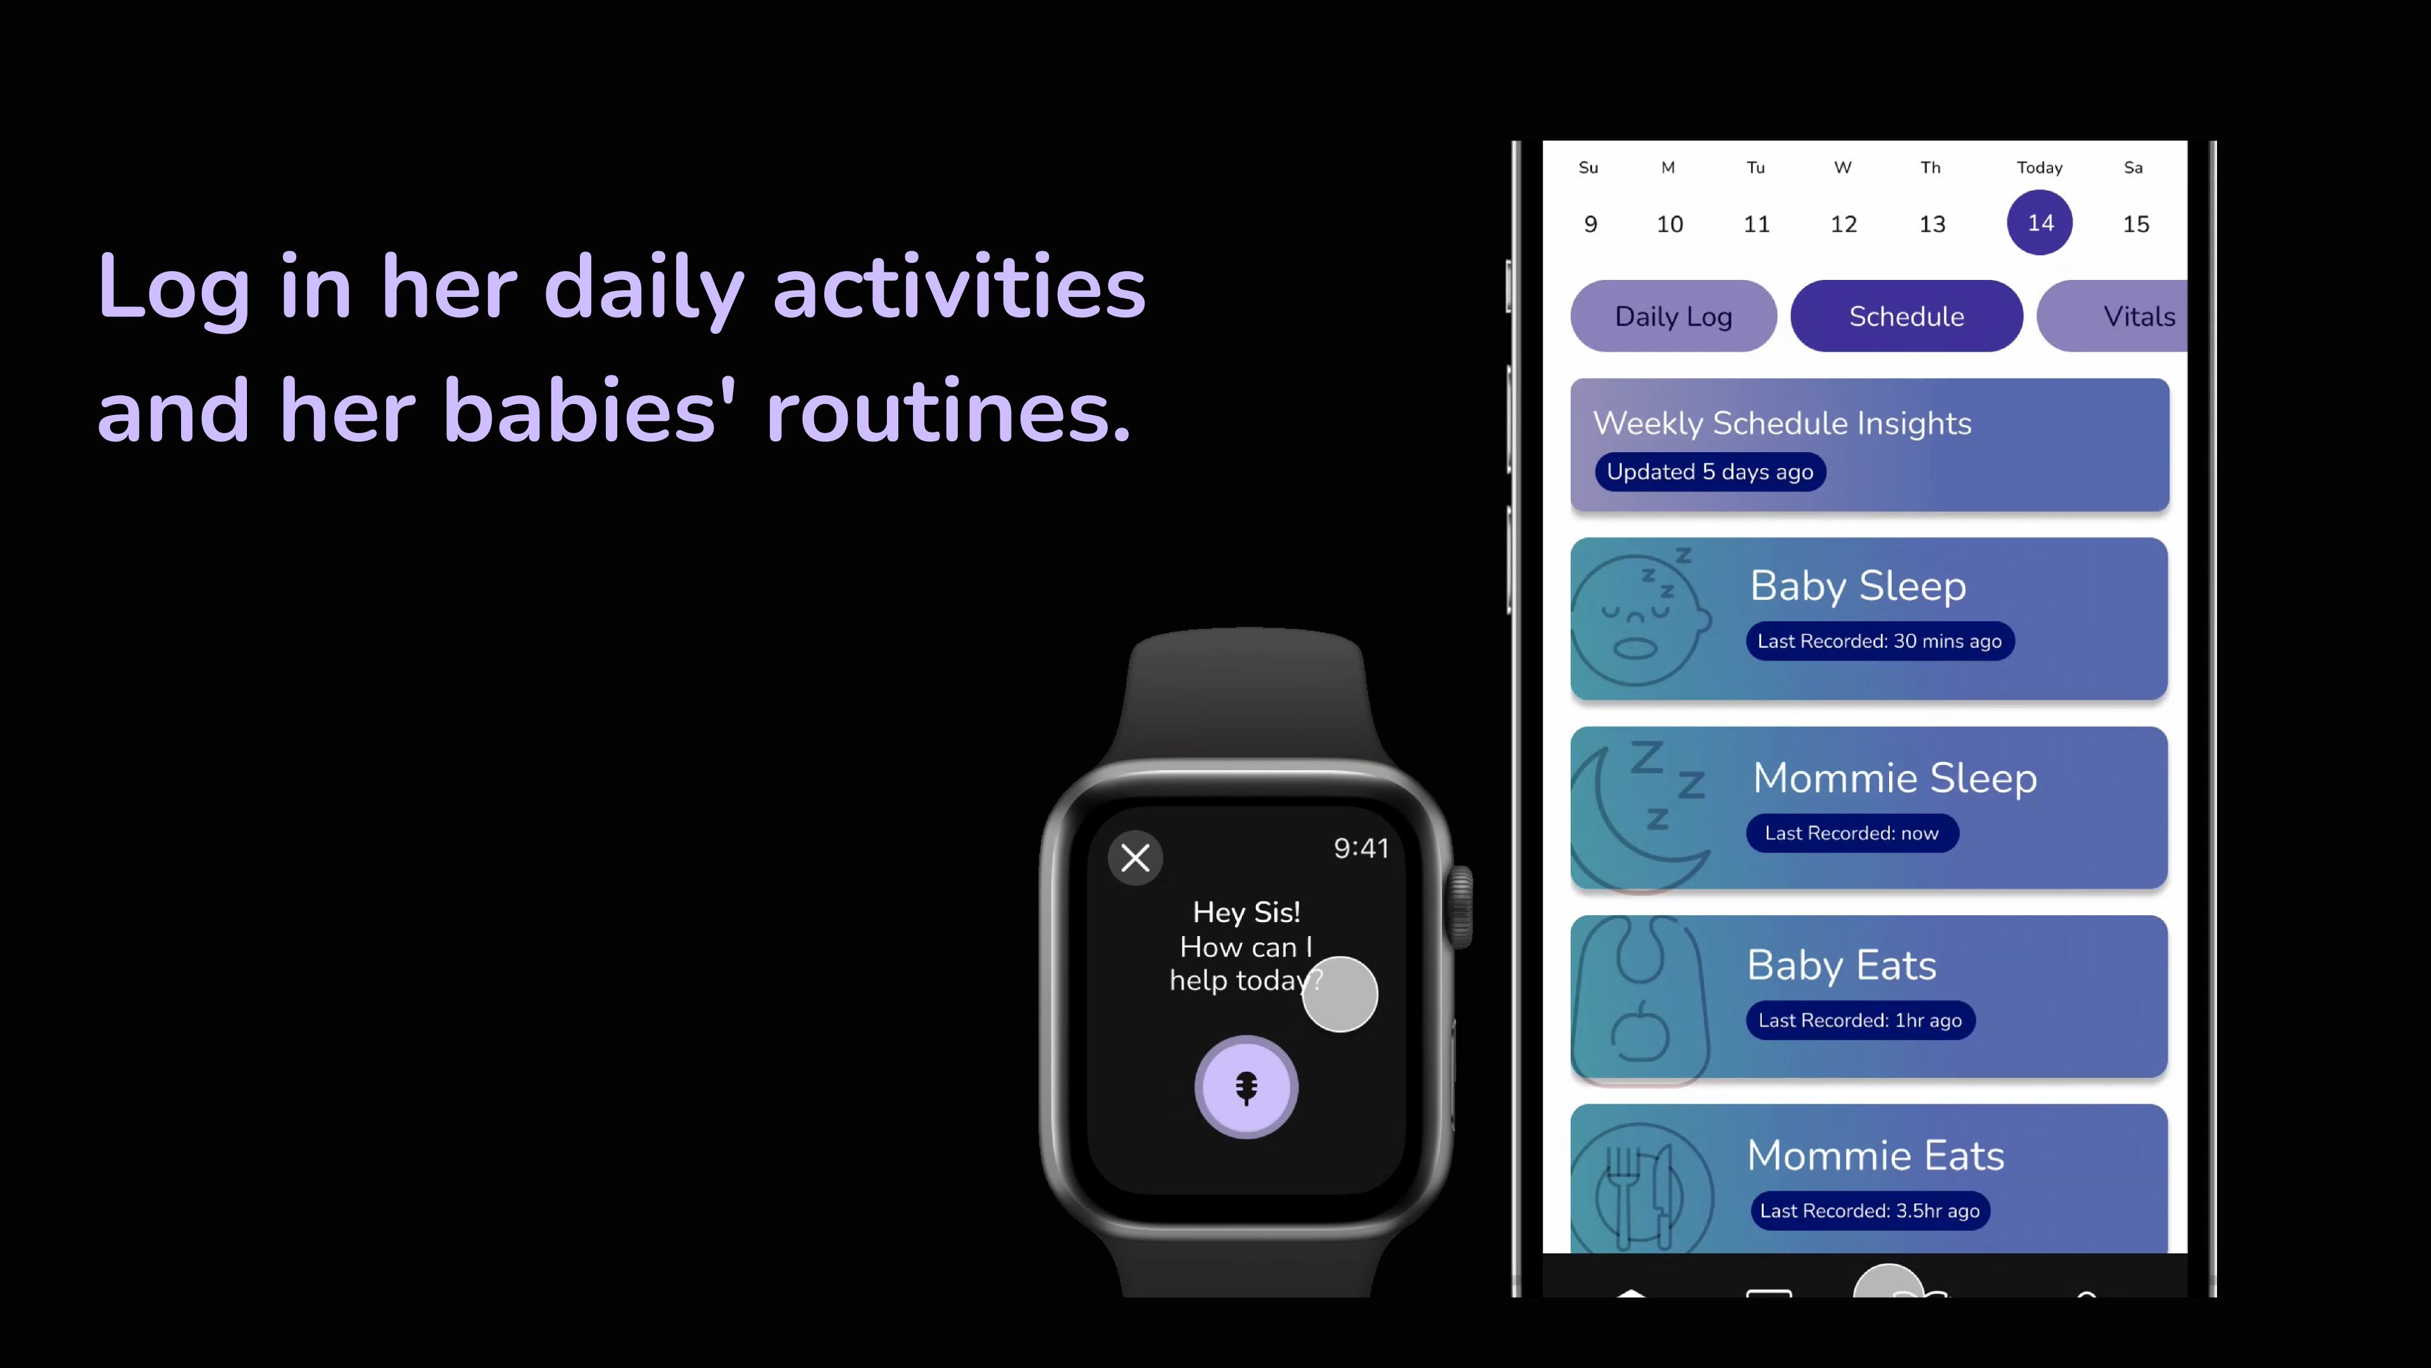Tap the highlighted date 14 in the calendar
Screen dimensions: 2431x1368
click(x=2039, y=223)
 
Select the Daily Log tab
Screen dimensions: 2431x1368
click(x=1673, y=316)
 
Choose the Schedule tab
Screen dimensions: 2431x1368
click(x=1906, y=316)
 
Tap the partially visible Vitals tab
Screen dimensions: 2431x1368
click(x=2113, y=316)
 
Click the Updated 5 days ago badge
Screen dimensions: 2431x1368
click(x=1710, y=472)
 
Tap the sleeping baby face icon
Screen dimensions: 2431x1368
click(x=1640, y=620)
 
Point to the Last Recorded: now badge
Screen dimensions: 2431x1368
click(x=1852, y=833)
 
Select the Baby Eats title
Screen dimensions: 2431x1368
click(x=1841, y=965)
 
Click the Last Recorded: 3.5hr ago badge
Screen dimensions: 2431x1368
click(x=1869, y=1210)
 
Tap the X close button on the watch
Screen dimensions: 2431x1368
click(x=1135, y=858)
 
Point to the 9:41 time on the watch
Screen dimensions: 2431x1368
click(x=1361, y=848)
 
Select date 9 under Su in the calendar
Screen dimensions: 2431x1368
click(x=1590, y=224)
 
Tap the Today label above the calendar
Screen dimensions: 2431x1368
click(x=2039, y=167)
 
